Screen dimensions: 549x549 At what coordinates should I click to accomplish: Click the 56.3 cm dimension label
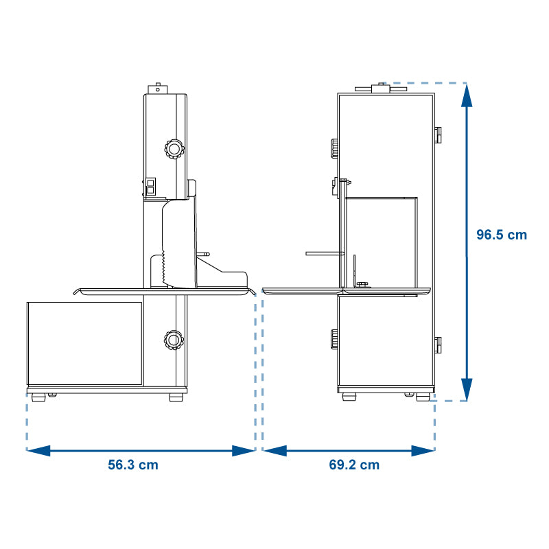[133, 465]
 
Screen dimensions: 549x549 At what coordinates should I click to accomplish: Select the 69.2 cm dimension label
[354, 465]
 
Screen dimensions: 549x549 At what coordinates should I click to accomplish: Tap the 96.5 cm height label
[502, 235]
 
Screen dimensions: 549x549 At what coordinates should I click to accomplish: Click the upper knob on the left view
[174, 149]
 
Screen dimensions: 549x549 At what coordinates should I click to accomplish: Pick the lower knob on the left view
[174, 340]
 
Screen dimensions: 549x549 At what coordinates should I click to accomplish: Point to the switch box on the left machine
[151, 187]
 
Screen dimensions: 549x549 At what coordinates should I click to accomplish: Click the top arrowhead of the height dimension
[467, 95]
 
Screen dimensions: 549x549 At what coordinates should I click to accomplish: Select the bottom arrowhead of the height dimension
[467, 390]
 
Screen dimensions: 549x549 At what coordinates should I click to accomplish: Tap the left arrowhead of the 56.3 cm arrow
[38, 451]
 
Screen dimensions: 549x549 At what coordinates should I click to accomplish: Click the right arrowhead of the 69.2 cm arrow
[423, 451]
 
